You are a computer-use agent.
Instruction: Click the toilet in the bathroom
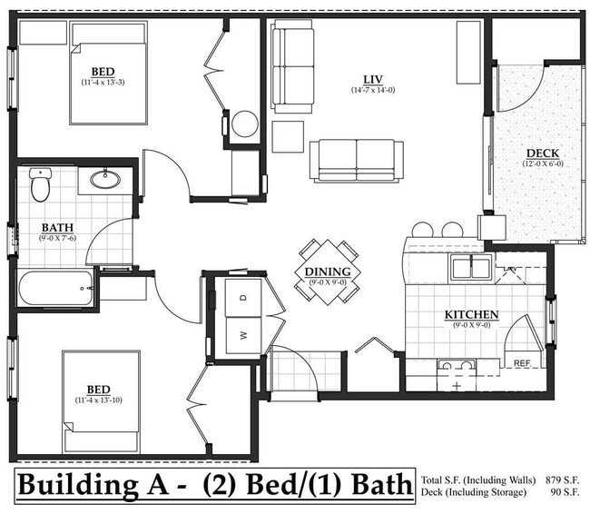point(40,184)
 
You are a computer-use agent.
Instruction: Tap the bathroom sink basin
point(104,179)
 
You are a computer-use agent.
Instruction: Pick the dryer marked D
point(243,297)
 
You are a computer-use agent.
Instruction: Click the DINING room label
point(328,271)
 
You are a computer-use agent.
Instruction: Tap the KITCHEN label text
point(471,314)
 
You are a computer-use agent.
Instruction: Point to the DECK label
point(542,153)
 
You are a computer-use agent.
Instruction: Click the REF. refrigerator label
point(522,362)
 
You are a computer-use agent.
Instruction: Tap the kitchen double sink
point(471,267)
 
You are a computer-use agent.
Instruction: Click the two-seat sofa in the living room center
point(356,161)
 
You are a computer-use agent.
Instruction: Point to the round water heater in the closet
point(245,124)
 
